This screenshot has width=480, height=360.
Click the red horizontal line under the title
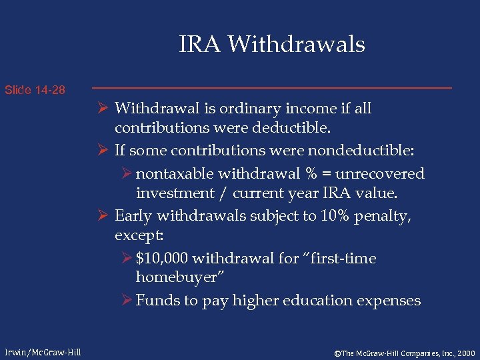271,88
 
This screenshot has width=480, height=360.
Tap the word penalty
383,216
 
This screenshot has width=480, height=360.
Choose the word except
139,235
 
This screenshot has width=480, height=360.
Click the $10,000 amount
161,258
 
